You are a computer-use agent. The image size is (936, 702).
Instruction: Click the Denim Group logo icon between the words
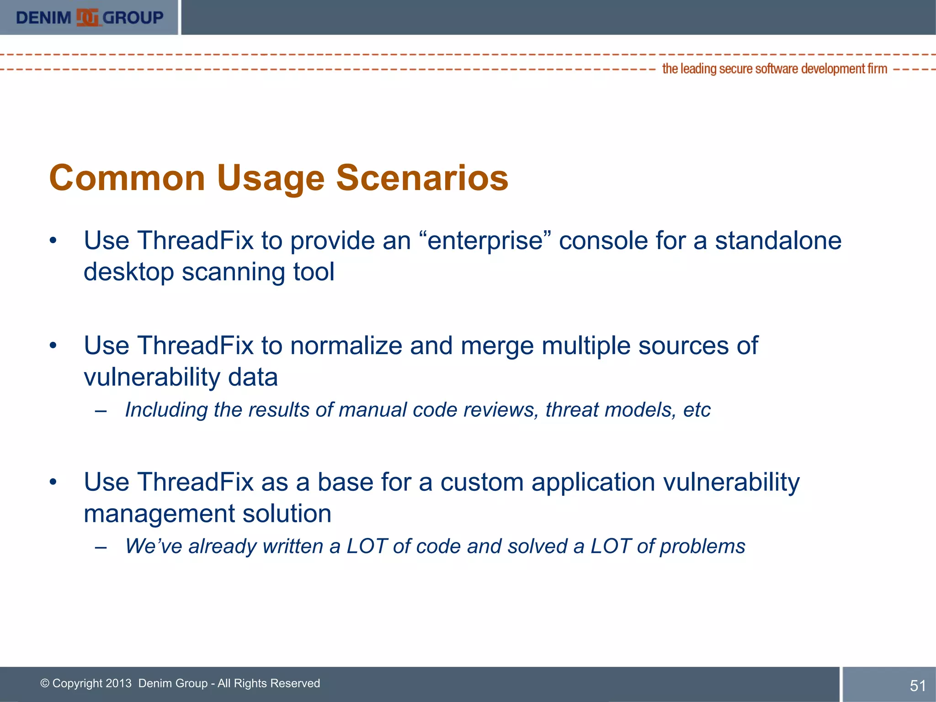coord(87,18)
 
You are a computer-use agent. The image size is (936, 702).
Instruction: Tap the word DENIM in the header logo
coord(43,18)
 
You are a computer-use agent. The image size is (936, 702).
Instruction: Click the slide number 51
coord(917,686)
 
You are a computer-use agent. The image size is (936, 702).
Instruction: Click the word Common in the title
coord(127,178)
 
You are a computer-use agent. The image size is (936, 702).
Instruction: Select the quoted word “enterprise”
coord(484,241)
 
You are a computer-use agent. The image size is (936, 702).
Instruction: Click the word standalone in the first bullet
coord(778,241)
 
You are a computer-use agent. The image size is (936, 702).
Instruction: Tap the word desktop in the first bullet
coord(129,272)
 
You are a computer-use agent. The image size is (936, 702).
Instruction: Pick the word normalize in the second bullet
coord(346,346)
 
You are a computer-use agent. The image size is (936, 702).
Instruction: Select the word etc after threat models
coord(697,410)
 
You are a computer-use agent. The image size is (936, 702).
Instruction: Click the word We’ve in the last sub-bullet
coord(154,546)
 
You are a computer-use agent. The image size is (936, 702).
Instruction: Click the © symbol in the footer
coord(45,683)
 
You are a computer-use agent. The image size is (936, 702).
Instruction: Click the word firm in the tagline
coord(877,69)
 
